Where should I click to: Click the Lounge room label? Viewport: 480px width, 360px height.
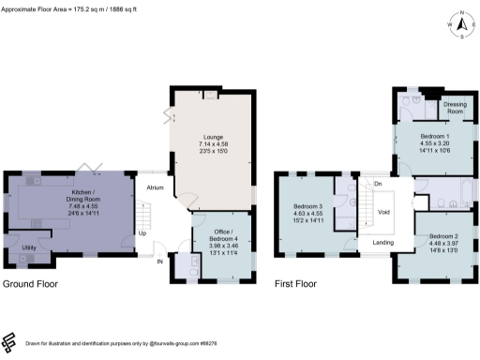pyautogui.click(x=211, y=136)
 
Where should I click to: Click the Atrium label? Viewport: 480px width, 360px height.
pyautogui.click(x=156, y=188)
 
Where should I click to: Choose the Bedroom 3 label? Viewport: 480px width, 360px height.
pyautogui.click(x=307, y=206)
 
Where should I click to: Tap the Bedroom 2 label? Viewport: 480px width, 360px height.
pyautogui.click(x=443, y=235)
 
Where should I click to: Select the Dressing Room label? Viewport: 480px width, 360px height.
pyautogui.click(x=455, y=108)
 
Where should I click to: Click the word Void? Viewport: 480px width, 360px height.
pyautogui.click(x=383, y=212)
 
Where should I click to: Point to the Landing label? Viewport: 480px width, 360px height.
pyautogui.click(x=382, y=243)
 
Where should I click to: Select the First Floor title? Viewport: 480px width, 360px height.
pyautogui.click(x=295, y=283)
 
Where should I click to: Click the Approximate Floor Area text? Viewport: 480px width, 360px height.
pyautogui.click(x=67, y=7)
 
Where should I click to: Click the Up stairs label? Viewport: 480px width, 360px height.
pyautogui.click(x=143, y=232)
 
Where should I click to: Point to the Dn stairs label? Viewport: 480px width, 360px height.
pyautogui.click(x=377, y=184)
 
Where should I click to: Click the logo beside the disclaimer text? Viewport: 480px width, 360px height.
pyautogui.click(x=9, y=343)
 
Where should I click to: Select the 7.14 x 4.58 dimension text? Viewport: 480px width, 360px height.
pyautogui.click(x=211, y=146)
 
